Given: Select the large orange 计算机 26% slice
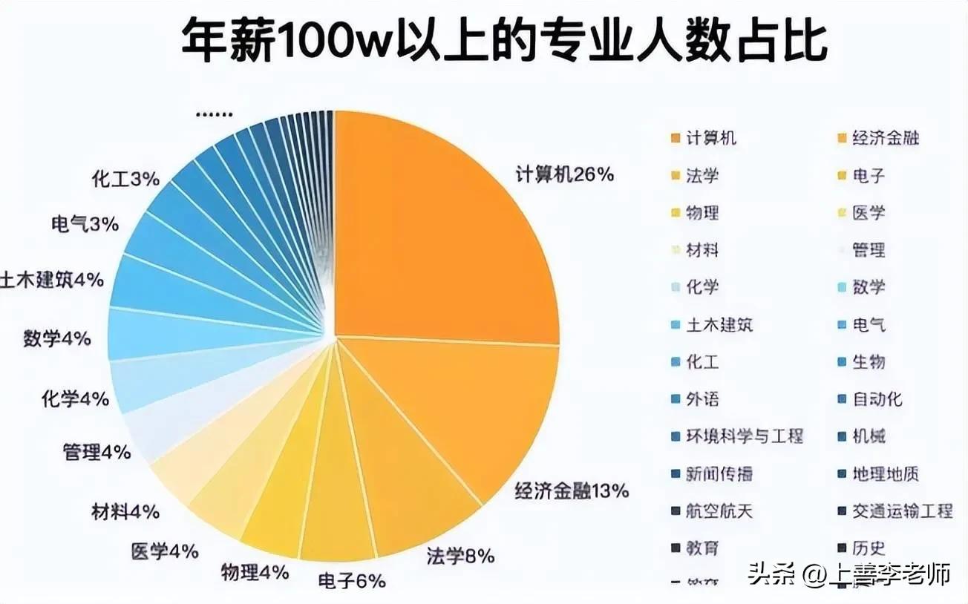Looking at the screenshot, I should (445, 230).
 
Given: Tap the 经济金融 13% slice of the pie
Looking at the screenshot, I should (475, 416).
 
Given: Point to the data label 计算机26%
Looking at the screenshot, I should (565, 175).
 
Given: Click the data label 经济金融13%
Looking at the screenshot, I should (572, 491).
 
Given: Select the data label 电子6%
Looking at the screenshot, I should (352, 581).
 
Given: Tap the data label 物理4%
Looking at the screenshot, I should (255, 572).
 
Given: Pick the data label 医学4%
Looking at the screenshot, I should (164, 551).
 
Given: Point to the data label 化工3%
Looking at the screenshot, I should (125, 179).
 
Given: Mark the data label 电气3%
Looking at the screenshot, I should (85, 224).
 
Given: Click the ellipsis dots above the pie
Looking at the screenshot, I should (215, 115).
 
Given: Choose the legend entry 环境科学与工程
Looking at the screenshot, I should (744, 436).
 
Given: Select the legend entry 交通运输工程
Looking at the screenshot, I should (901, 511).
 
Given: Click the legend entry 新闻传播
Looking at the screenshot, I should (719, 474).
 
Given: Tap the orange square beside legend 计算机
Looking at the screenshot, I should (675, 139).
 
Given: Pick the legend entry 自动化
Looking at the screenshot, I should (877, 399).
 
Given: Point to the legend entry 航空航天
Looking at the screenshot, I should (719, 511).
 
